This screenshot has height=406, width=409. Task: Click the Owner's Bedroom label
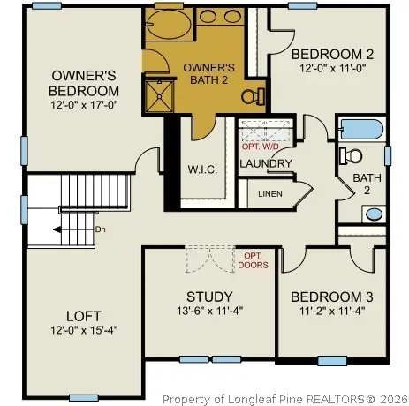click(84, 83)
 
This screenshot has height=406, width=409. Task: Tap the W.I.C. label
click(202, 169)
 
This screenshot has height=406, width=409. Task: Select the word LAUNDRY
click(266, 163)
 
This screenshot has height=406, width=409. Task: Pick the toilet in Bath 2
click(352, 156)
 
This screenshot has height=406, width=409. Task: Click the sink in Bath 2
click(375, 213)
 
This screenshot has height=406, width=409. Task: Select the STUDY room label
click(210, 297)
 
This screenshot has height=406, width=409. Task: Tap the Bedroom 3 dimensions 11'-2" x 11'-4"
click(328, 311)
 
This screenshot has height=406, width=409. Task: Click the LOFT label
click(84, 315)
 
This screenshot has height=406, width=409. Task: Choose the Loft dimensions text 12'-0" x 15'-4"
click(85, 329)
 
